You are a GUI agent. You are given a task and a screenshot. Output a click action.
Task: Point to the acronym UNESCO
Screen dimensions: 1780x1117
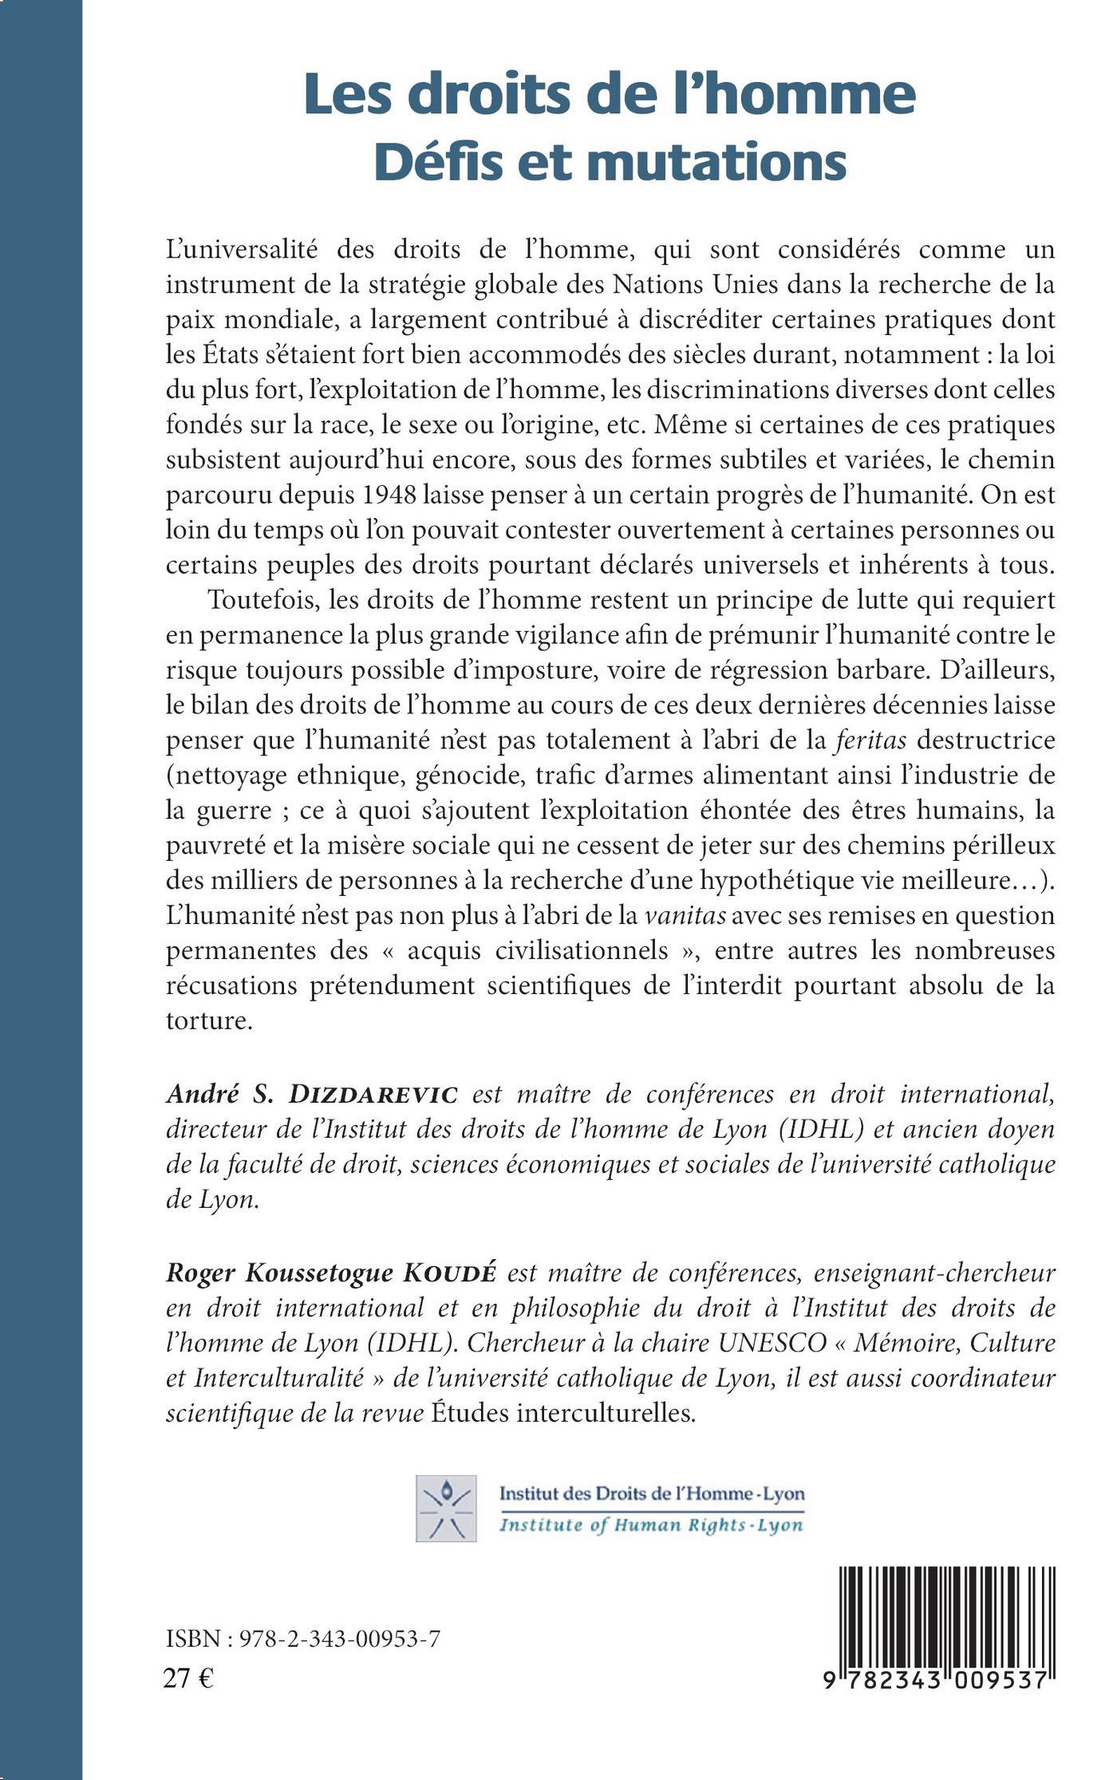[764, 1342]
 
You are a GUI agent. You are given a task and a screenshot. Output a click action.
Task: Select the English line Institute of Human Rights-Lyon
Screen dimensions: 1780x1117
[650, 1526]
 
